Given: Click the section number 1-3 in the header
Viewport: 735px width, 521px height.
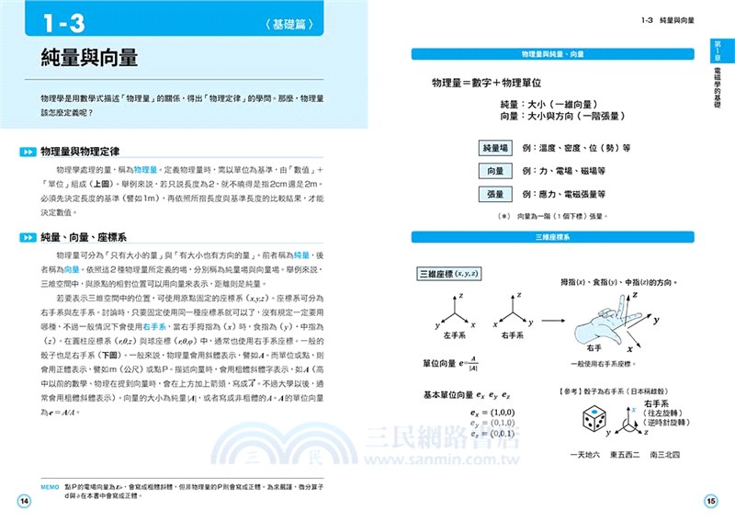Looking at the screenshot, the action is pyautogui.click(x=60, y=20).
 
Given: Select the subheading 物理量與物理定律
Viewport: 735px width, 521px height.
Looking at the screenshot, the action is pyautogui.click(x=95, y=151).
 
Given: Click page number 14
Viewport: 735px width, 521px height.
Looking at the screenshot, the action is pyautogui.click(x=25, y=500).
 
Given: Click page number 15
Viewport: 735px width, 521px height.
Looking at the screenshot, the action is pyautogui.click(x=710, y=501).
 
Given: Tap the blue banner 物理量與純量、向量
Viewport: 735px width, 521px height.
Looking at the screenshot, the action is pyautogui.click(x=551, y=54).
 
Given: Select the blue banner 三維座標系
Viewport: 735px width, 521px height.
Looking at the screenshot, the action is pyautogui.click(x=551, y=237).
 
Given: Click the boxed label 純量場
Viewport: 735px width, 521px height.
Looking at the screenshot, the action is pyautogui.click(x=494, y=147).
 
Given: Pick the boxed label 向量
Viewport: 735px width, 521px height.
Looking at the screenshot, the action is pyautogui.click(x=494, y=171).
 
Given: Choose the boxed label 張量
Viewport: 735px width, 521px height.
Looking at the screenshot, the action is pyautogui.click(x=494, y=194).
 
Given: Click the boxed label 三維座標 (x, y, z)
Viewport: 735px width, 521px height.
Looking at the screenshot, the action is pyautogui.click(x=450, y=274).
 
